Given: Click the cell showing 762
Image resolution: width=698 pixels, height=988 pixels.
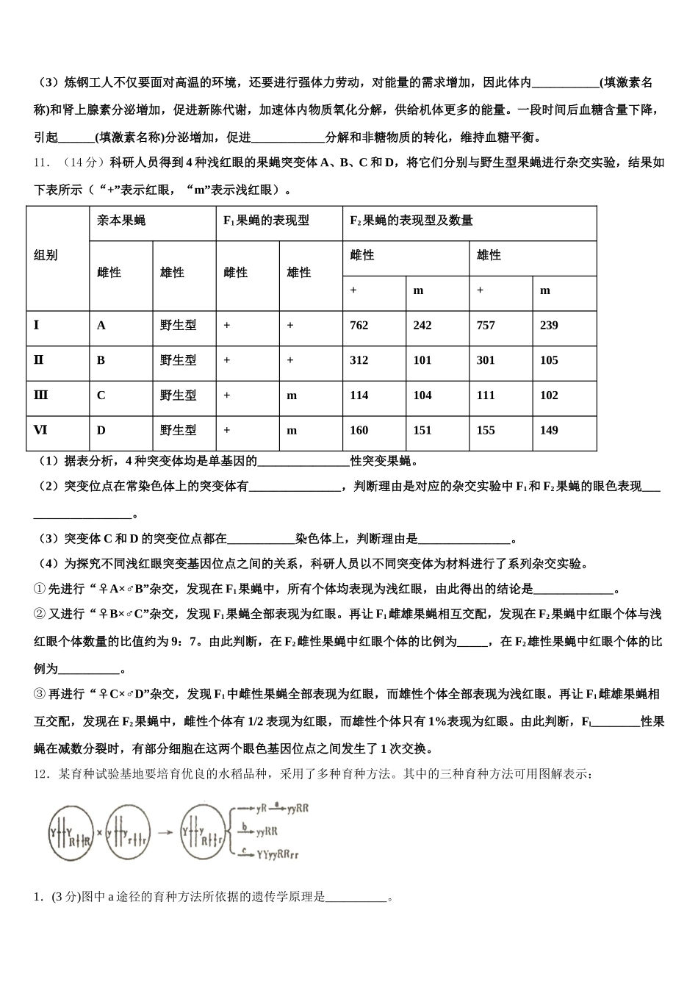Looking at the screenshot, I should pos(359,326).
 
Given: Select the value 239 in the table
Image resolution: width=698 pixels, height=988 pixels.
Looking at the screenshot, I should pos(549,326).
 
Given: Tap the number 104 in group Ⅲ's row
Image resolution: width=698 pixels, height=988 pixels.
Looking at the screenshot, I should pos(422,395).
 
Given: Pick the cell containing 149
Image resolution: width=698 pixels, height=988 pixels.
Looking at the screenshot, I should pos(549,431).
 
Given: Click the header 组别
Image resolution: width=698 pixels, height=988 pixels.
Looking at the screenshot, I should pos(46,256).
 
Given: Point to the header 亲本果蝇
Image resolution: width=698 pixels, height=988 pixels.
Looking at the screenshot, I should pos(121,221).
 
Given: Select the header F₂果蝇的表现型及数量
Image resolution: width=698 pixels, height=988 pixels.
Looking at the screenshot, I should pos(411,221).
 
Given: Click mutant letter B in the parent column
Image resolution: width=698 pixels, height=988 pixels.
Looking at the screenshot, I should pos(101,360).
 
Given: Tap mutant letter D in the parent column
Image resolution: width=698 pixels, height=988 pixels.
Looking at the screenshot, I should pos(101,431).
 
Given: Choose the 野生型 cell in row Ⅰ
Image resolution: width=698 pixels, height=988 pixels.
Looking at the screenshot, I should pos(179,326).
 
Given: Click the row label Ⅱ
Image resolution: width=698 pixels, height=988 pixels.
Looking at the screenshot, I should pos(38,360).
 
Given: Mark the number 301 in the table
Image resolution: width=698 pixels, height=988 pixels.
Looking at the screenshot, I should pos(486,360).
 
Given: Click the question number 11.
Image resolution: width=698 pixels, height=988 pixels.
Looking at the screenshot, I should pos(41,162).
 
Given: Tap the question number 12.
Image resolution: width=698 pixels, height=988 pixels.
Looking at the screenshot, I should pos(41,773).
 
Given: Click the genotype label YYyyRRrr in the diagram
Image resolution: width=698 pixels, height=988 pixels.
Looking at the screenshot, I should pos(278,854).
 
